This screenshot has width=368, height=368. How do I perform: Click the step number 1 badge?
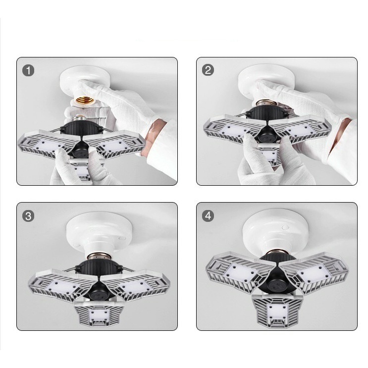coord(28,70)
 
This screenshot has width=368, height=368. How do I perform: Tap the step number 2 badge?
coord(208,70)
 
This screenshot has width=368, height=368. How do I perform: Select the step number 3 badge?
coord(28,216)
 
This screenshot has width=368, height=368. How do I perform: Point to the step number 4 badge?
coord(208,215)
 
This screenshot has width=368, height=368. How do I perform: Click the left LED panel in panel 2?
coord(231,130)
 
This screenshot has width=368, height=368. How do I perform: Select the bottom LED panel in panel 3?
coord(99,314)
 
